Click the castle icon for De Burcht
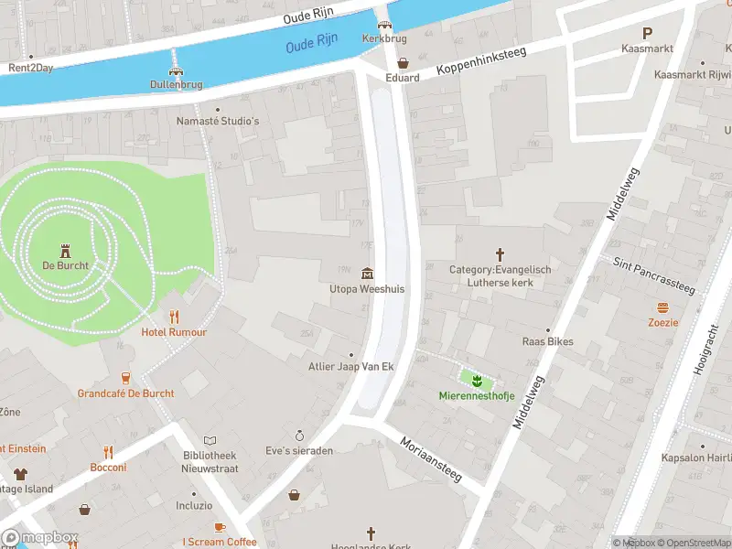(x=65, y=250)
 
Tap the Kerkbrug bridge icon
(x=384, y=25)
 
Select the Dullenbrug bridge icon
(x=176, y=70)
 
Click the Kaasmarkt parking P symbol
(x=647, y=32)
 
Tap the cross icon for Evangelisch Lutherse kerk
(x=500, y=254)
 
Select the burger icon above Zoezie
(x=663, y=307)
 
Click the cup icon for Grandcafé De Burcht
(x=126, y=378)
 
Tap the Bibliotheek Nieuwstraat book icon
(x=210, y=440)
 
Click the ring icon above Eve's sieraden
(x=298, y=436)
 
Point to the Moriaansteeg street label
(x=431, y=457)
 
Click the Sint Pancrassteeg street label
(x=653, y=275)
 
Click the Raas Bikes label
(x=547, y=341)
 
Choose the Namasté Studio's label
(x=219, y=121)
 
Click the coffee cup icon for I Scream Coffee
(x=219, y=527)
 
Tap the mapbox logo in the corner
(x=39, y=538)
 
